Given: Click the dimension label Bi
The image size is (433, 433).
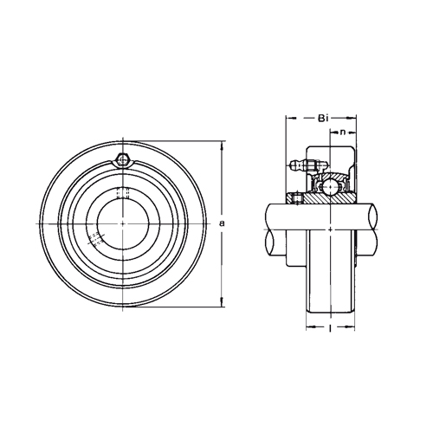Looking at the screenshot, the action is pyautogui.click(x=322, y=118).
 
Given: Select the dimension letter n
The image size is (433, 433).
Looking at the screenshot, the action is pyautogui.click(x=343, y=132).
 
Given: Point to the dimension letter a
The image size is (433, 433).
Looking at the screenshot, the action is pyautogui.click(x=222, y=223).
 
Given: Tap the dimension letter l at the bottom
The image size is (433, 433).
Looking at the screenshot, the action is pyautogui.click(x=330, y=327).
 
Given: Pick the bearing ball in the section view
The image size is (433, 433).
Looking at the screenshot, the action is pyautogui.click(x=330, y=186).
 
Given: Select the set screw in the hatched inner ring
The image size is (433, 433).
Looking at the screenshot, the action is pyautogui.click(x=297, y=199).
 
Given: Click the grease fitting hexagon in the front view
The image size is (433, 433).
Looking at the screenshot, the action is pyautogui.click(x=123, y=160).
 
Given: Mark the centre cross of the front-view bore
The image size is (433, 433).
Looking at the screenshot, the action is pyautogui.click(x=123, y=223).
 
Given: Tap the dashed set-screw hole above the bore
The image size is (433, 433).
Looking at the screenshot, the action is pyautogui.click(x=123, y=193).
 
